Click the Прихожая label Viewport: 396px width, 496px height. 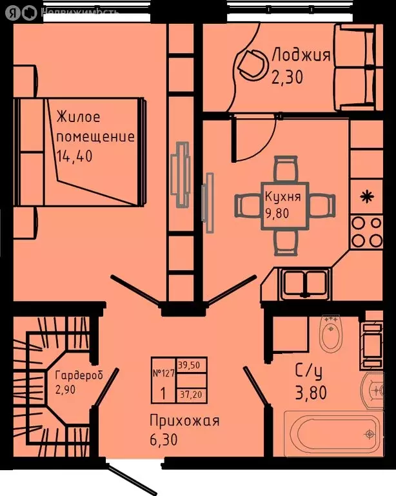[x=184, y=421]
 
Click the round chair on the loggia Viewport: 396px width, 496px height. [x=252, y=63]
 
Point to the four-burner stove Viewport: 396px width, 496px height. [x=368, y=232]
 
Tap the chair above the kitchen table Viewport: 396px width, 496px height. [x=284, y=170]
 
